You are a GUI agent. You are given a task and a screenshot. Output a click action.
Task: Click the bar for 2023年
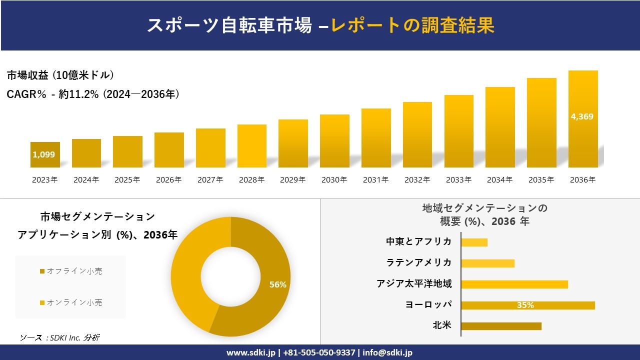click(x=45, y=155)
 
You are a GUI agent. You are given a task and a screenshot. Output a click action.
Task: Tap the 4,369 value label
click(x=582, y=116)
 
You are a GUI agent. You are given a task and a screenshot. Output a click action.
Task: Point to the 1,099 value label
click(x=44, y=154)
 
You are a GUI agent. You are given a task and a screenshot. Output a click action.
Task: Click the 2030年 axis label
click(x=334, y=180)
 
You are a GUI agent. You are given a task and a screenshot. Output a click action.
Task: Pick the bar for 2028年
click(x=252, y=146)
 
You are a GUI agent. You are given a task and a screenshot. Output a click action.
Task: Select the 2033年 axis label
click(x=458, y=180)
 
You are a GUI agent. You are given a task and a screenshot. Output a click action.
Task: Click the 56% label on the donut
click(x=277, y=284)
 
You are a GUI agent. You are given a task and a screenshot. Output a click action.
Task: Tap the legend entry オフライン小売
click(x=71, y=271)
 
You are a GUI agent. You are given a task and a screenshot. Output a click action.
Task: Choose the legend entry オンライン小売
click(x=71, y=302)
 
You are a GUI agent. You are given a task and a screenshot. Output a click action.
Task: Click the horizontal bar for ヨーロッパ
click(x=527, y=305)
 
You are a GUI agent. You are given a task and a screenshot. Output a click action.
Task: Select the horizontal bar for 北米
click(x=501, y=326)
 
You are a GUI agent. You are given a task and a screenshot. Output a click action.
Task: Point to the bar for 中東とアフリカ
click(x=474, y=242)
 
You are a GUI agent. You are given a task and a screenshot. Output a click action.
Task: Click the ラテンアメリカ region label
click(x=419, y=262)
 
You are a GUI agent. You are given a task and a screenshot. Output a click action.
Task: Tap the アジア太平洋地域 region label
click(x=414, y=284)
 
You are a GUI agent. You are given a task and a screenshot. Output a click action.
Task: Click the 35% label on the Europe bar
click(x=525, y=305)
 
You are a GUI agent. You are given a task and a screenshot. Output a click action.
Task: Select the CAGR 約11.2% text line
click(x=93, y=94)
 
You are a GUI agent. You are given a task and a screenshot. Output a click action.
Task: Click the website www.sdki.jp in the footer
click(x=251, y=352)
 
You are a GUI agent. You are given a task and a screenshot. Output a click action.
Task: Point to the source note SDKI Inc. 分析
click(x=60, y=337)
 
